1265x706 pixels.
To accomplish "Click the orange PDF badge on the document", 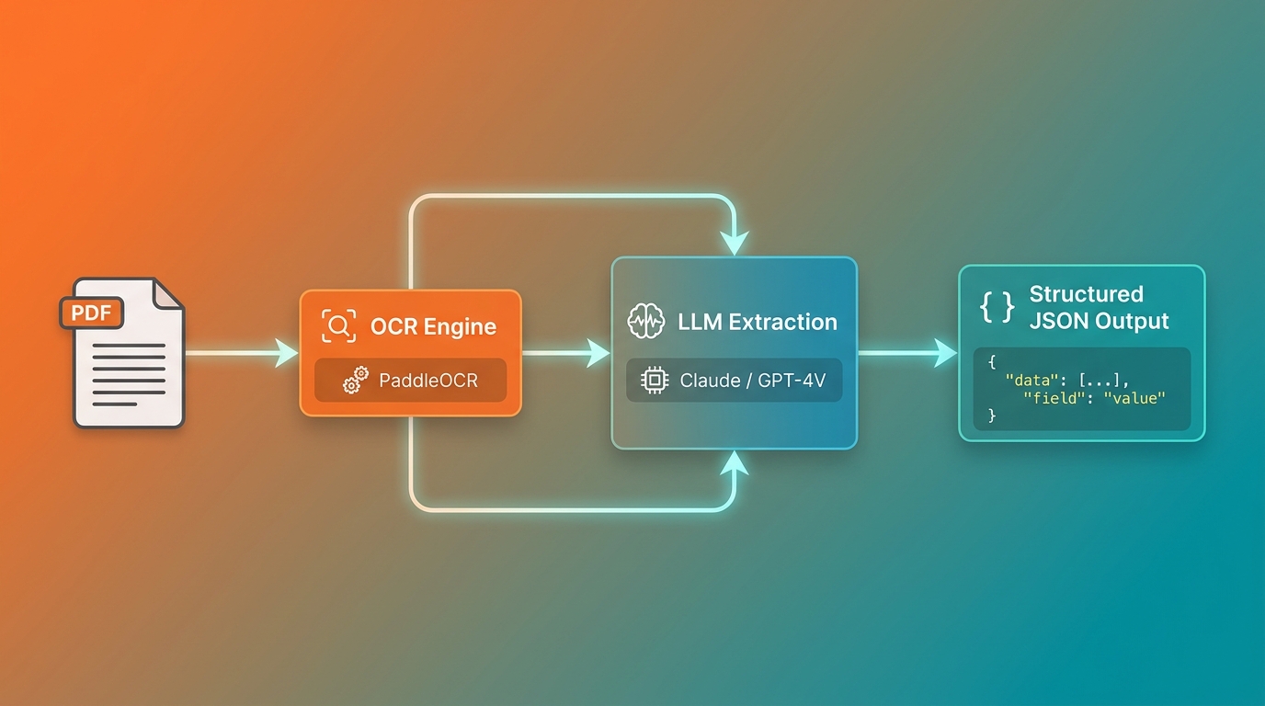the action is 92,313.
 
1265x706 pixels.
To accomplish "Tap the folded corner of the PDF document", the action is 166,294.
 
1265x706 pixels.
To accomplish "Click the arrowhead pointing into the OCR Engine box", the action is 286,354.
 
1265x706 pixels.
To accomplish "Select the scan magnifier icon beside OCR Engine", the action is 339,326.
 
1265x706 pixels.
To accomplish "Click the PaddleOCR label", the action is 428,381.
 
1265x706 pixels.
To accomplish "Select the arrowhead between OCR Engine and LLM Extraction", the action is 598,354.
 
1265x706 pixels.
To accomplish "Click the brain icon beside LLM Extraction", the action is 646,322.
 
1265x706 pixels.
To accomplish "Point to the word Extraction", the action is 782,322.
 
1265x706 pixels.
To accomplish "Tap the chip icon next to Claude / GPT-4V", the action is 655,380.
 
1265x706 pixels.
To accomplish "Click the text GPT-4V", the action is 792,381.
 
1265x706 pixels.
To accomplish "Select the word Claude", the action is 710,381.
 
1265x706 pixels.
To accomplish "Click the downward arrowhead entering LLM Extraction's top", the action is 735,243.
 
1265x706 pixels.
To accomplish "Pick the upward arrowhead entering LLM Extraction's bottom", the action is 735,462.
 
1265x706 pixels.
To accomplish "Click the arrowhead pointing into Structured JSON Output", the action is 946,354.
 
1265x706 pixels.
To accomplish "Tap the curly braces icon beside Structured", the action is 997,308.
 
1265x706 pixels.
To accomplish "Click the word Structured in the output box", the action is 1086,294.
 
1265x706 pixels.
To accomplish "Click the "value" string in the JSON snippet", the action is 1134,398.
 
